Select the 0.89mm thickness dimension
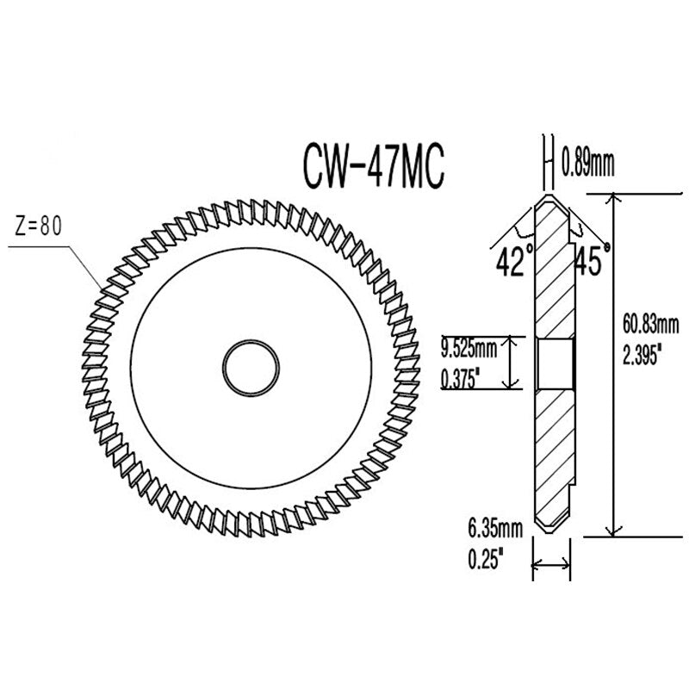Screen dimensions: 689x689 [587, 161]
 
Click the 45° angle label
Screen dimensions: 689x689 [592, 261]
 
